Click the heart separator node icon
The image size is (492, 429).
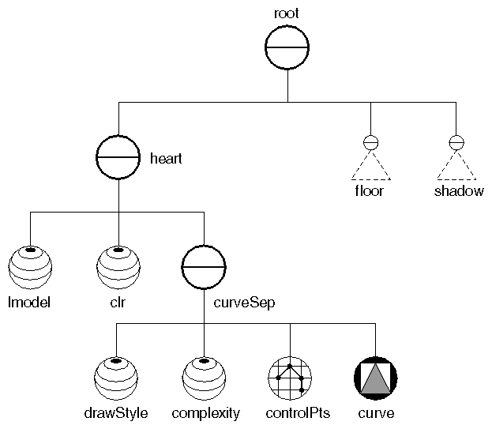[118, 158]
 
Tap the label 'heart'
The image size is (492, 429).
[166, 159]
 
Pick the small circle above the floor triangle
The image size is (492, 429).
[369, 143]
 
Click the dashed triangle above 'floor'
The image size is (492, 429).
[369, 167]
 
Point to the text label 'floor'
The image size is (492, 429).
[369, 191]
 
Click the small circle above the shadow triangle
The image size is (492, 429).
[456, 143]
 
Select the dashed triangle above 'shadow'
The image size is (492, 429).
[456, 167]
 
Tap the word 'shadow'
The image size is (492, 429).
[458, 191]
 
